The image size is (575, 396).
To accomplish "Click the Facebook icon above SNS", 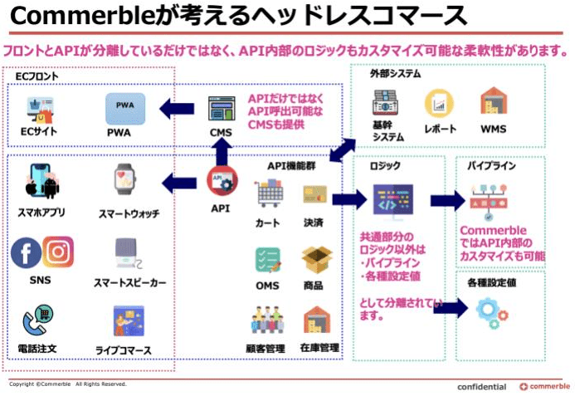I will [26, 253].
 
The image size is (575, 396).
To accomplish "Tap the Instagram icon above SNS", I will [58, 252].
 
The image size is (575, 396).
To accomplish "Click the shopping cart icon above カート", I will [269, 194].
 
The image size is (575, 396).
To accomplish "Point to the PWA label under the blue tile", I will [119, 132].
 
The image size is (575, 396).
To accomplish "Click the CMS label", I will [221, 133].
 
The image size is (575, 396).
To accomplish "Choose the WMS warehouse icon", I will [494, 103].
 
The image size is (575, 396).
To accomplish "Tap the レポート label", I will [440, 130].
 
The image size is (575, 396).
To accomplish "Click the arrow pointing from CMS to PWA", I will [177, 108].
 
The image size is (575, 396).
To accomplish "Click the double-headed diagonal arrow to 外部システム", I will [342, 150].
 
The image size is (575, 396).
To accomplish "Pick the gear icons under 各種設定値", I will [492, 313].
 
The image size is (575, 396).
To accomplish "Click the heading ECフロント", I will [36, 76].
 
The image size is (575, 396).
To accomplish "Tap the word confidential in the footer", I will [481, 387].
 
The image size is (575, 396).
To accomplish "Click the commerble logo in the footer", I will [544, 387].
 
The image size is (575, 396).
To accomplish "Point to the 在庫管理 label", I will [319, 347].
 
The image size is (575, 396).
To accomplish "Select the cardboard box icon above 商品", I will [317, 259].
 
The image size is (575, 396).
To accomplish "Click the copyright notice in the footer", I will [67, 384].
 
